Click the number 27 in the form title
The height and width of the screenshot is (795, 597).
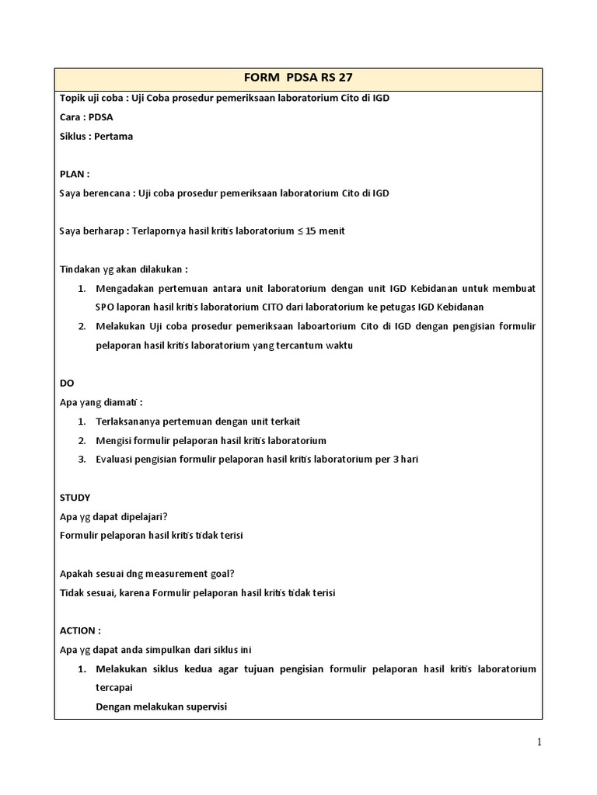pos(347,78)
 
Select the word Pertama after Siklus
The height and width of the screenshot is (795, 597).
pos(113,136)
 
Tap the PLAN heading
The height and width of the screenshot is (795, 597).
pos(74,173)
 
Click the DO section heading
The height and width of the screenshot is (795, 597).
pos(67,384)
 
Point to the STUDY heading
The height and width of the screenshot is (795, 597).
pos(75,497)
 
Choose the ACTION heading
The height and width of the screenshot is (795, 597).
pos(79,630)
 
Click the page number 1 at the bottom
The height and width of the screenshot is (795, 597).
pos(539,742)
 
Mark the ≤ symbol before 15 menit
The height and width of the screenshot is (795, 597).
pos(289,231)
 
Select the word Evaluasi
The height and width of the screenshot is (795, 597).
pos(116,459)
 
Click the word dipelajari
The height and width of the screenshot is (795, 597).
pos(141,516)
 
